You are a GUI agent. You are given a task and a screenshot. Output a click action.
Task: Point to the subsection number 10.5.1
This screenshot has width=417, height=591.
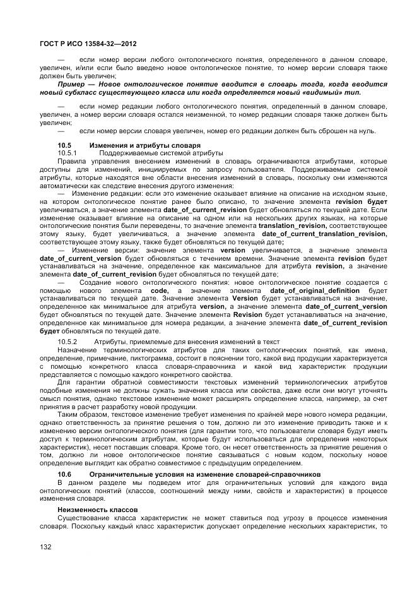[x=66, y=153]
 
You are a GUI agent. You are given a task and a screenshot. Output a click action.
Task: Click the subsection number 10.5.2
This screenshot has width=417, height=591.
[x=67, y=342]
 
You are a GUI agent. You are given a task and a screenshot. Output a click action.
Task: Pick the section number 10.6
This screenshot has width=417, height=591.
[x=64, y=474]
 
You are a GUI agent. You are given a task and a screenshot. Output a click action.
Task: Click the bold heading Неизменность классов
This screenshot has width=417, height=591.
[x=91, y=508]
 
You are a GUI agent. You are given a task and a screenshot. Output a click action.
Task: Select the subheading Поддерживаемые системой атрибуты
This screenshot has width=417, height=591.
[x=161, y=153]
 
